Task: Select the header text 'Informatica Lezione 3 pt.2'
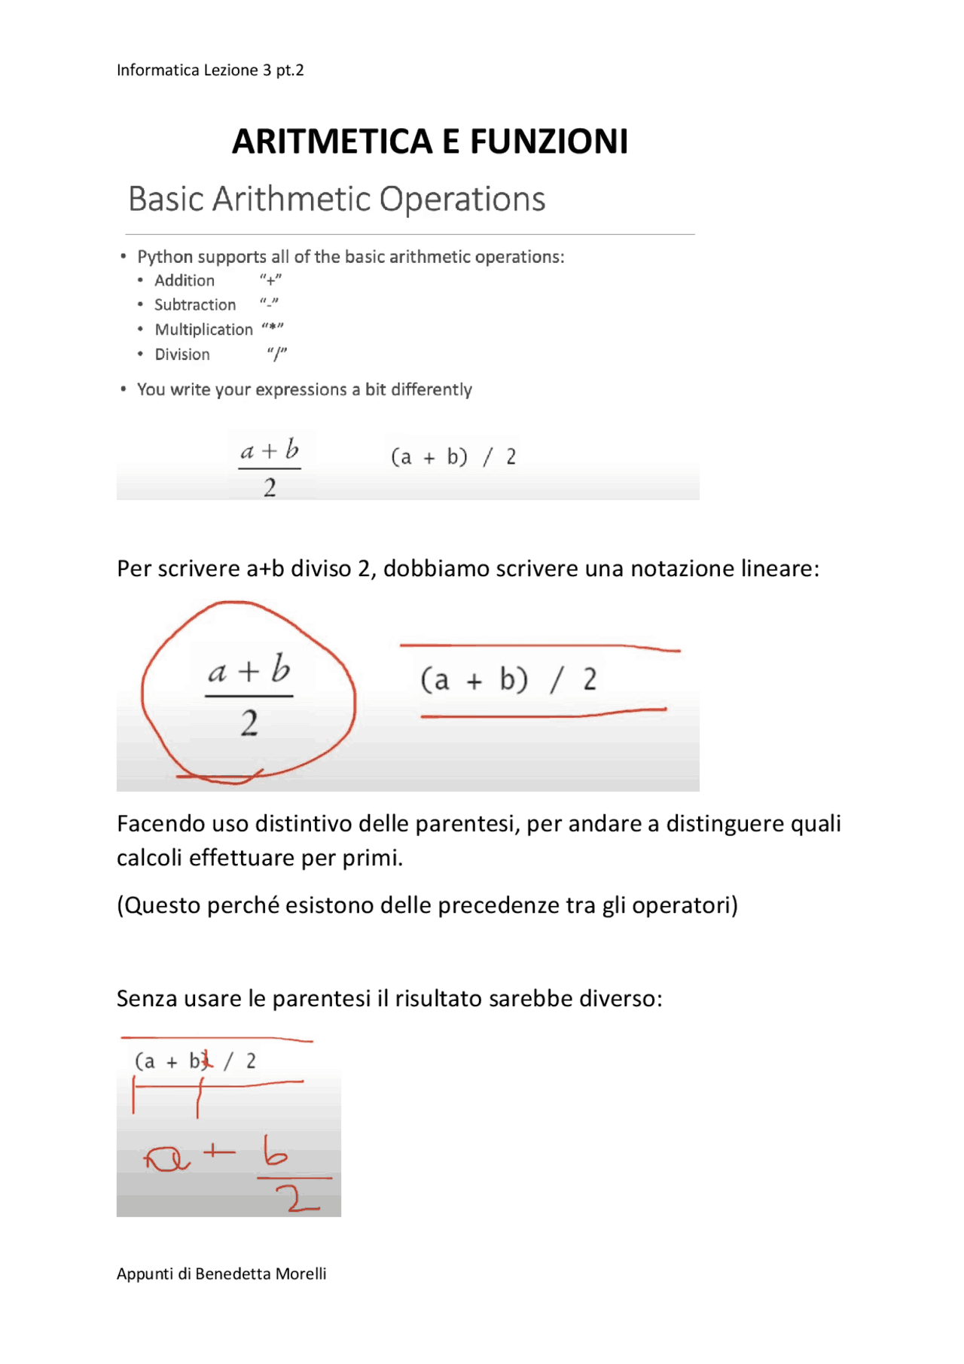pyautogui.click(x=210, y=70)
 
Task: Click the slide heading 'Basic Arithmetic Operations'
pyautogui.click(x=337, y=200)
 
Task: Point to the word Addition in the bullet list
pyautogui.click(x=185, y=281)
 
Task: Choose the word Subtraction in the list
pyautogui.click(x=195, y=305)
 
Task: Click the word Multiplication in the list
pyautogui.click(x=203, y=330)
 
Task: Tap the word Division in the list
pyautogui.click(x=182, y=355)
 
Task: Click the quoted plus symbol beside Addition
pyautogui.click(x=270, y=280)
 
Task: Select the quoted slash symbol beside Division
pyautogui.click(x=277, y=354)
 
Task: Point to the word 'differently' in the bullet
pyautogui.click(x=432, y=389)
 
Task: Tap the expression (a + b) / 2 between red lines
pyautogui.click(x=508, y=679)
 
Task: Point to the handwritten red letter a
pyautogui.click(x=167, y=1158)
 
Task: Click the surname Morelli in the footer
pyautogui.click(x=300, y=1274)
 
